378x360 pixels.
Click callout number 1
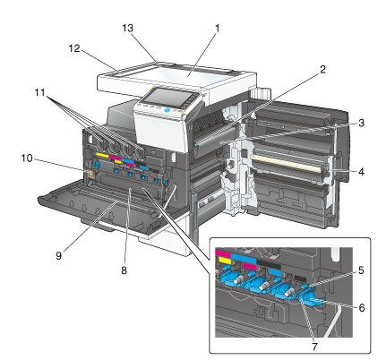[x=217, y=29]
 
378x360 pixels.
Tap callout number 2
[x=322, y=69]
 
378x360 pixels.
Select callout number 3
[x=361, y=123]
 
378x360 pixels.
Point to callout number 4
[x=361, y=172]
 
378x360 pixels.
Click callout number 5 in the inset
[x=361, y=270]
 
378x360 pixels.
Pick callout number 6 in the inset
[x=362, y=307]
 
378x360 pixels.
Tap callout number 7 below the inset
[x=314, y=347]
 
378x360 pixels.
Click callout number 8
[x=124, y=270]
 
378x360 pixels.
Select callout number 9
[x=58, y=255]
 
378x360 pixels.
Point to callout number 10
[x=27, y=158]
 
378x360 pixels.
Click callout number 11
[x=39, y=92]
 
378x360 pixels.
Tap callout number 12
[x=74, y=48]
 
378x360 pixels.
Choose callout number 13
[x=127, y=28]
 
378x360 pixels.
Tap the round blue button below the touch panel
[x=168, y=110]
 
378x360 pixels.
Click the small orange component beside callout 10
[x=90, y=175]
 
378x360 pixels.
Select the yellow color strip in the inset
[x=225, y=260]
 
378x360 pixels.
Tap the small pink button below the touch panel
[x=175, y=111]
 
